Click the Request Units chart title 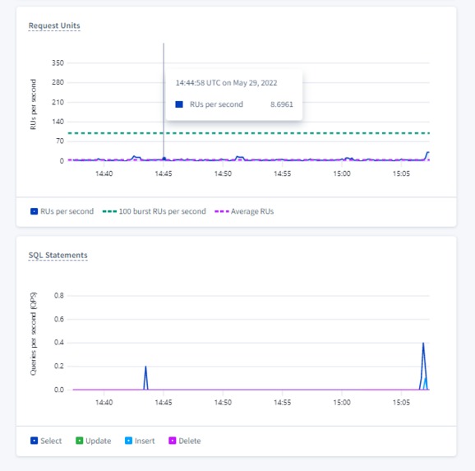pyautogui.click(x=54, y=25)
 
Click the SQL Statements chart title pyautogui.click(x=58, y=255)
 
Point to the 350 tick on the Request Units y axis pyautogui.click(x=57, y=62)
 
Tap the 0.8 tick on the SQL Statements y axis pyautogui.click(x=58, y=295)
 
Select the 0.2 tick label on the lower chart pyautogui.click(x=58, y=367)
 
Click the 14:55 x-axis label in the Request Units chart pyautogui.click(x=282, y=173)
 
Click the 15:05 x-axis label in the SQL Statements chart pyautogui.click(x=401, y=403)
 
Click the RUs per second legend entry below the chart pyautogui.click(x=64, y=211)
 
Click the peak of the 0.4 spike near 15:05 pyautogui.click(x=423, y=343)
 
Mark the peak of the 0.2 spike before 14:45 pyautogui.click(x=145, y=367)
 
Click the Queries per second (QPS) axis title pyautogui.click(x=34, y=336)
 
